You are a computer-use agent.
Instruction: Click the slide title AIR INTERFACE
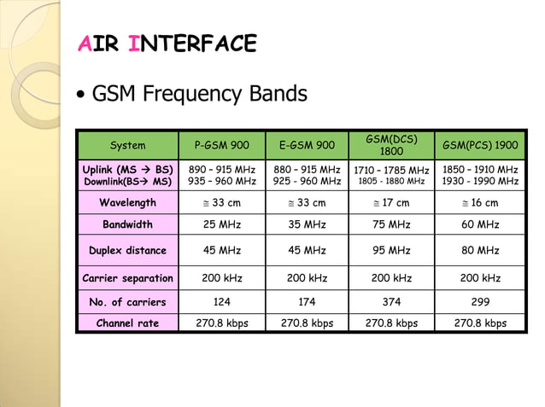click(x=167, y=44)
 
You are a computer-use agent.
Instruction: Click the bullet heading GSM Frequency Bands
click(x=198, y=93)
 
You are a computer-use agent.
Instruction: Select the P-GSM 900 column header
click(x=221, y=145)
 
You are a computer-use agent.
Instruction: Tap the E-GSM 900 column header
click(x=307, y=145)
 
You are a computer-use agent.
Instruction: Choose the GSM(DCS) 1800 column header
click(x=391, y=144)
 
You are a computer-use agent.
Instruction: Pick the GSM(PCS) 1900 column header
click(x=480, y=145)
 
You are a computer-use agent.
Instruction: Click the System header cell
click(x=128, y=145)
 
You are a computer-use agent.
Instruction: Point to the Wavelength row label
click(x=128, y=203)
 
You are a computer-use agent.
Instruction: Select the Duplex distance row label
click(x=128, y=251)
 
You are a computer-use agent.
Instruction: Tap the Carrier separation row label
click(x=128, y=278)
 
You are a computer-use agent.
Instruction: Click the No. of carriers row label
click(x=128, y=302)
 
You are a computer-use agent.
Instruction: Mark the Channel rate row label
click(x=128, y=323)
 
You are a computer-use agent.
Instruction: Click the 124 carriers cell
click(x=221, y=302)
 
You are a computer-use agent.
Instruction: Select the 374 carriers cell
click(x=391, y=302)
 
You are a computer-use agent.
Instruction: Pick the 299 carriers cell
click(x=480, y=302)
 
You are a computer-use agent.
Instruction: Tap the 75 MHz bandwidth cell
click(x=391, y=225)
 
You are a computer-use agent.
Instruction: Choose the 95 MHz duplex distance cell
click(x=391, y=251)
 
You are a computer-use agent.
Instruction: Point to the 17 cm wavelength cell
click(x=391, y=203)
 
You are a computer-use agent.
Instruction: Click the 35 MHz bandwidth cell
click(x=307, y=225)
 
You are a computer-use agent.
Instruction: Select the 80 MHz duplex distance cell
click(x=480, y=251)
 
